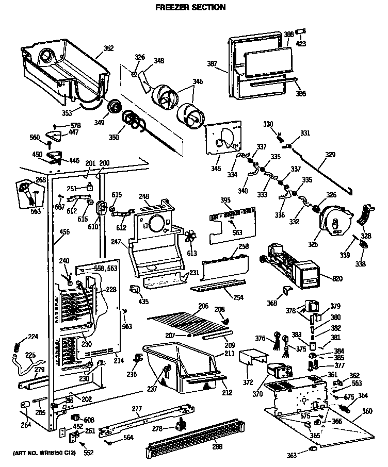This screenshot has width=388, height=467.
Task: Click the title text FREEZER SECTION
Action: click(x=190, y=7)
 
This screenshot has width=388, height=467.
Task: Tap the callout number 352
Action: click(x=108, y=49)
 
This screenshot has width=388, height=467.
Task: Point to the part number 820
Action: click(x=337, y=279)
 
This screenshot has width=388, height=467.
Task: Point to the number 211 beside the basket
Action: click(x=230, y=354)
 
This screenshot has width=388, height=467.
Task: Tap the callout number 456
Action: click(x=65, y=232)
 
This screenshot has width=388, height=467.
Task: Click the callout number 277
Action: click(x=136, y=409)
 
